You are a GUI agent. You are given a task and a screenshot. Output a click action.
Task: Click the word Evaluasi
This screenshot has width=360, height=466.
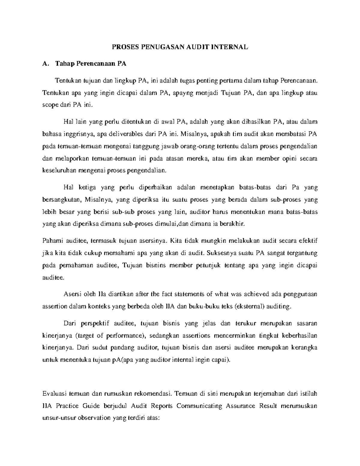(x=54, y=393)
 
